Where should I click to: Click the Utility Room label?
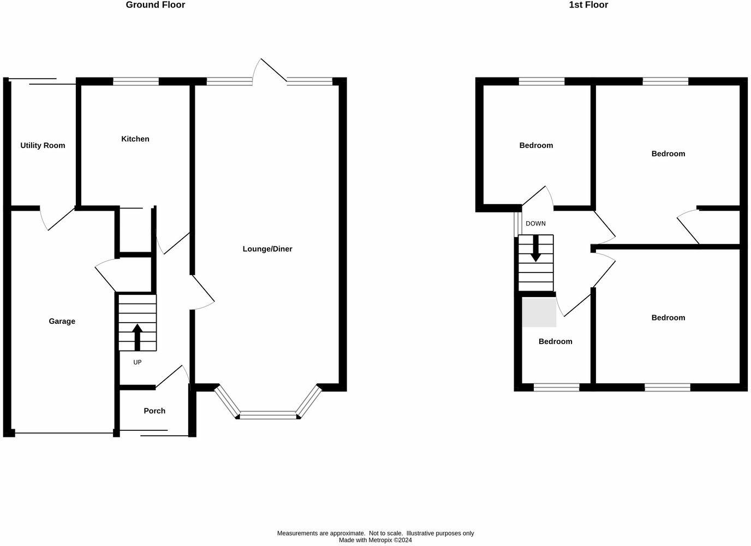click(43, 146)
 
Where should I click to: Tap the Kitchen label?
click(135, 139)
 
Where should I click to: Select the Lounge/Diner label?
click(267, 249)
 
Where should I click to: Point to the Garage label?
click(62, 321)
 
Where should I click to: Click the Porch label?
click(154, 411)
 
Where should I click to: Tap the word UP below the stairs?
click(138, 362)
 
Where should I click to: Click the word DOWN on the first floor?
click(535, 223)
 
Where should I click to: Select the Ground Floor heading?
click(155, 5)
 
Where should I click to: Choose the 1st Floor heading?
click(588, 5)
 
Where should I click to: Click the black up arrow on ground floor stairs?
click(137, 337)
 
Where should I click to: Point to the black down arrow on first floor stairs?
click(536, 248)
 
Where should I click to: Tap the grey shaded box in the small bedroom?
click(539, 312)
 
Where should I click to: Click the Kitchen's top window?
click(136, 81)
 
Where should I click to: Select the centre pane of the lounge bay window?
click(268, 415)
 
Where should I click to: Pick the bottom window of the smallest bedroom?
click(557, 387)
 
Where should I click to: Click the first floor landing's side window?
click(518, 223)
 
